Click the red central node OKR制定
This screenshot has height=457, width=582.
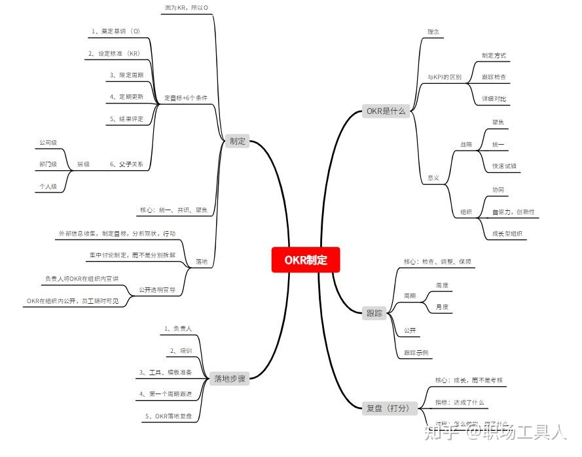point(306,260)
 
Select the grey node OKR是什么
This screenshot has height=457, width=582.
point(386,111)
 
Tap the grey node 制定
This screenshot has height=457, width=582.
point(237,141)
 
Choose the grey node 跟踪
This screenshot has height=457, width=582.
point(374,313)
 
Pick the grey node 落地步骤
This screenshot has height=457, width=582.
point(230,378)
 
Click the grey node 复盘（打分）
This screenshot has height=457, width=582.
point(388,408)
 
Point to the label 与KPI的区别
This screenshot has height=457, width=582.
point(444,77)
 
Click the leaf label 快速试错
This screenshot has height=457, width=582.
point(504,166)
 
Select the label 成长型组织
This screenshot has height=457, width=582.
point(508,233)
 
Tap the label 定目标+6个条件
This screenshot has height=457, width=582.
point(186,98)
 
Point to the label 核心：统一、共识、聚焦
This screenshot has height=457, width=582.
point(173,210)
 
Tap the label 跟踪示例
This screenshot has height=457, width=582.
point(416,353)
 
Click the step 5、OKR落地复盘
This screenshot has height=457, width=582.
point(168,416)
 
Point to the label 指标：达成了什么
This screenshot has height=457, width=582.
point(460,401)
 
